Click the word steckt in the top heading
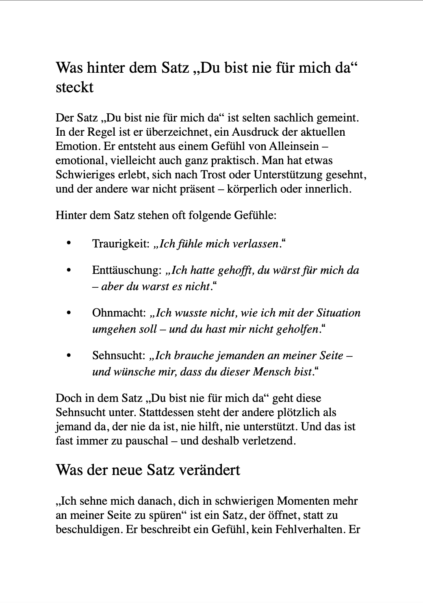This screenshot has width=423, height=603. tap(74, 87)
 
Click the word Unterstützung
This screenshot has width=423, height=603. tap(288, 175)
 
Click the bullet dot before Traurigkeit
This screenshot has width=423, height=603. tap(68, 243)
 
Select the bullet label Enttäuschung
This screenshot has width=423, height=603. tap(126, 270)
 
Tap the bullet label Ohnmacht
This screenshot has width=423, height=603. tap(118, 313)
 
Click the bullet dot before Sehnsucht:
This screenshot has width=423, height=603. tap(68, 355)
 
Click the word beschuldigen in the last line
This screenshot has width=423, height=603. tap(89, 529)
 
